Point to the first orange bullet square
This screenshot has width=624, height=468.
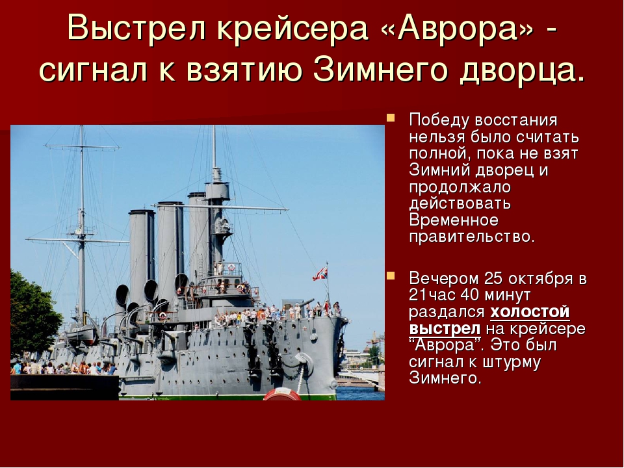(x=391, y=118)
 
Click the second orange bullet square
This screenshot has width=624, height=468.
(x=391, y=276)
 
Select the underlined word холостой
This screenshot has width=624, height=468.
(x=530, y=312)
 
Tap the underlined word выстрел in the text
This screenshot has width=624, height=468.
(x=445, y=329)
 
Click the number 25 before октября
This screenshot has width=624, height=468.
(x=494, y=279)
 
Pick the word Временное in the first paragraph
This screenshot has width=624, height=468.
(x=454, y=220)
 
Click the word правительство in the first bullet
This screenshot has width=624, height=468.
(x=472, y=237)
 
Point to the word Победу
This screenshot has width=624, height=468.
(x=437, y=120)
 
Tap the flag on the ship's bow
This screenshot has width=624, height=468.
(x=320, y=274)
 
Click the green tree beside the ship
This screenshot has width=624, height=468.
(x=34, y=315)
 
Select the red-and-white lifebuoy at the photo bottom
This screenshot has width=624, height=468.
(x=282, y=394)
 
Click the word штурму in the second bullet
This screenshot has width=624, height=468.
(x=512, y=362)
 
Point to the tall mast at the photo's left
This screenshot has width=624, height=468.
(x=82, y=223)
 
